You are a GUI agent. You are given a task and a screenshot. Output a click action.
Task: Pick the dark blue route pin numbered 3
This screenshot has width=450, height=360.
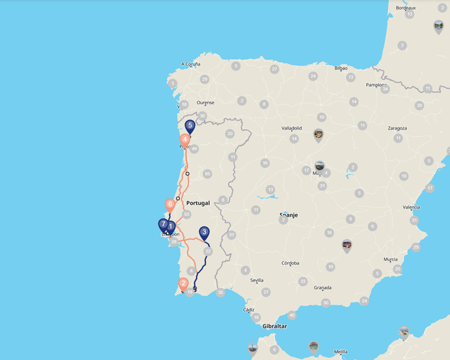click(x=204, y=233)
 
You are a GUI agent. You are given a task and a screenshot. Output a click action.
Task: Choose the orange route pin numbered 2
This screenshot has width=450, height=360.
click(x=184, y=284)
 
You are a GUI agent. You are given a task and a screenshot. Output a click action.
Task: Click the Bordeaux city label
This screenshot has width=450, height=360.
click(x=406, y=8)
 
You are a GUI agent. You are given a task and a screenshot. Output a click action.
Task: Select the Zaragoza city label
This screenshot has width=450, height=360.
click(x=397, y=128)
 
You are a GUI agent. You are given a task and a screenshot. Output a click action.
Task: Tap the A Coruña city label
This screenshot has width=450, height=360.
click(x=191, y=64)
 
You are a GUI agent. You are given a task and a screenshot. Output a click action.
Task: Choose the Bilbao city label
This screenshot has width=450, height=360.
click(x=341, y=68)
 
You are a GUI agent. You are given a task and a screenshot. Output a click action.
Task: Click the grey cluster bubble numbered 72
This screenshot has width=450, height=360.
click(x=351, y=77)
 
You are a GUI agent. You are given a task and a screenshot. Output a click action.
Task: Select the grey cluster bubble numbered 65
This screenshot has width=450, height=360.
click(x=207, y=174)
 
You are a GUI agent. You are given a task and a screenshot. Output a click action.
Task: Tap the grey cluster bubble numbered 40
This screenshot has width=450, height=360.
click(x=292, y=315)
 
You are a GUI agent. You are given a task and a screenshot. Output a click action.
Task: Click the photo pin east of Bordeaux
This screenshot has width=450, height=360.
click(x=438, y=27)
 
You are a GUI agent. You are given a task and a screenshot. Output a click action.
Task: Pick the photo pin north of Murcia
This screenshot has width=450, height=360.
click(x=347, y=246)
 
